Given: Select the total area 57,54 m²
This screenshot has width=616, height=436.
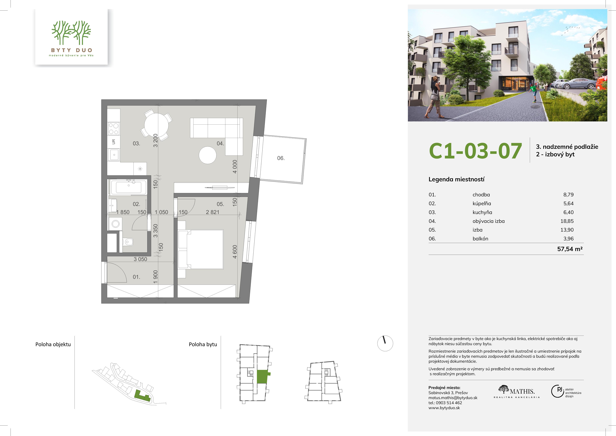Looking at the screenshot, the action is tap(570, 249).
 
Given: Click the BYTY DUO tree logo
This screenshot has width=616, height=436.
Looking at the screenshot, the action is tap(71, 33).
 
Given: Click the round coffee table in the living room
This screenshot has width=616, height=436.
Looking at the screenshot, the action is tap(207, 155).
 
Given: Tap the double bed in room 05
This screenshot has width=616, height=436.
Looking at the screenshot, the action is tap(201, 249).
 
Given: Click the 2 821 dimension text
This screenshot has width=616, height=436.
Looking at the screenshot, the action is tap(212, 212).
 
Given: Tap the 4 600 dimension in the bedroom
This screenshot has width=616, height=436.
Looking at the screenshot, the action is tap(235, 252).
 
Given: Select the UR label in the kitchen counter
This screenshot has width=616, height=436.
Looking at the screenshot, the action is tap(113, 141).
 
